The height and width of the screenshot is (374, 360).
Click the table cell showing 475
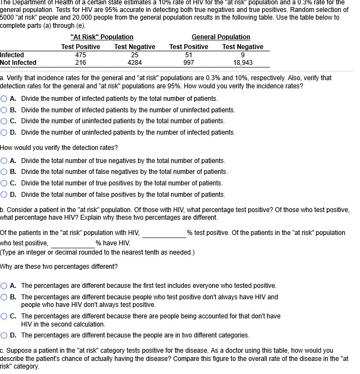80,55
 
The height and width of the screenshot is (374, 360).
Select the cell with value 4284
135,63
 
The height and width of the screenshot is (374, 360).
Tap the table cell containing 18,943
243,63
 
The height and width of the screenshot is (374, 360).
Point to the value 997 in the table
189,63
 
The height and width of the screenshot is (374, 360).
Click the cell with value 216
80,63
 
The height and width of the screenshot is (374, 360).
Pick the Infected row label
12,55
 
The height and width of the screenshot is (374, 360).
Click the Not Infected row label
18,63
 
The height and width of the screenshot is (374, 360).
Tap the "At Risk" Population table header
102,37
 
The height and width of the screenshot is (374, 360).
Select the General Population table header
221,37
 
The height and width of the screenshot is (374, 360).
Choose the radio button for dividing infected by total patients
4,99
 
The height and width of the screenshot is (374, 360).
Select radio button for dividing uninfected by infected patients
4,132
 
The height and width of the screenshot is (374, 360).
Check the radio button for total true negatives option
4,161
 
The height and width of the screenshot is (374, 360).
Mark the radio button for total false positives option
4,195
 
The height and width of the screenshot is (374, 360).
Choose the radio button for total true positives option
4,183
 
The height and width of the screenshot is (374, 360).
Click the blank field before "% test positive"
164,233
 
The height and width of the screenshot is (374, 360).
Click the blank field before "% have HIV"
73,243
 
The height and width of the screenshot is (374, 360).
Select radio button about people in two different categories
4,335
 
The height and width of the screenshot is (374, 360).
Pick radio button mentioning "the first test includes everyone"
4,286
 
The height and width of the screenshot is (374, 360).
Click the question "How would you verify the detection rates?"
59,148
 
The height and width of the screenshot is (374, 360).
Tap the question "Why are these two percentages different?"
59,267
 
